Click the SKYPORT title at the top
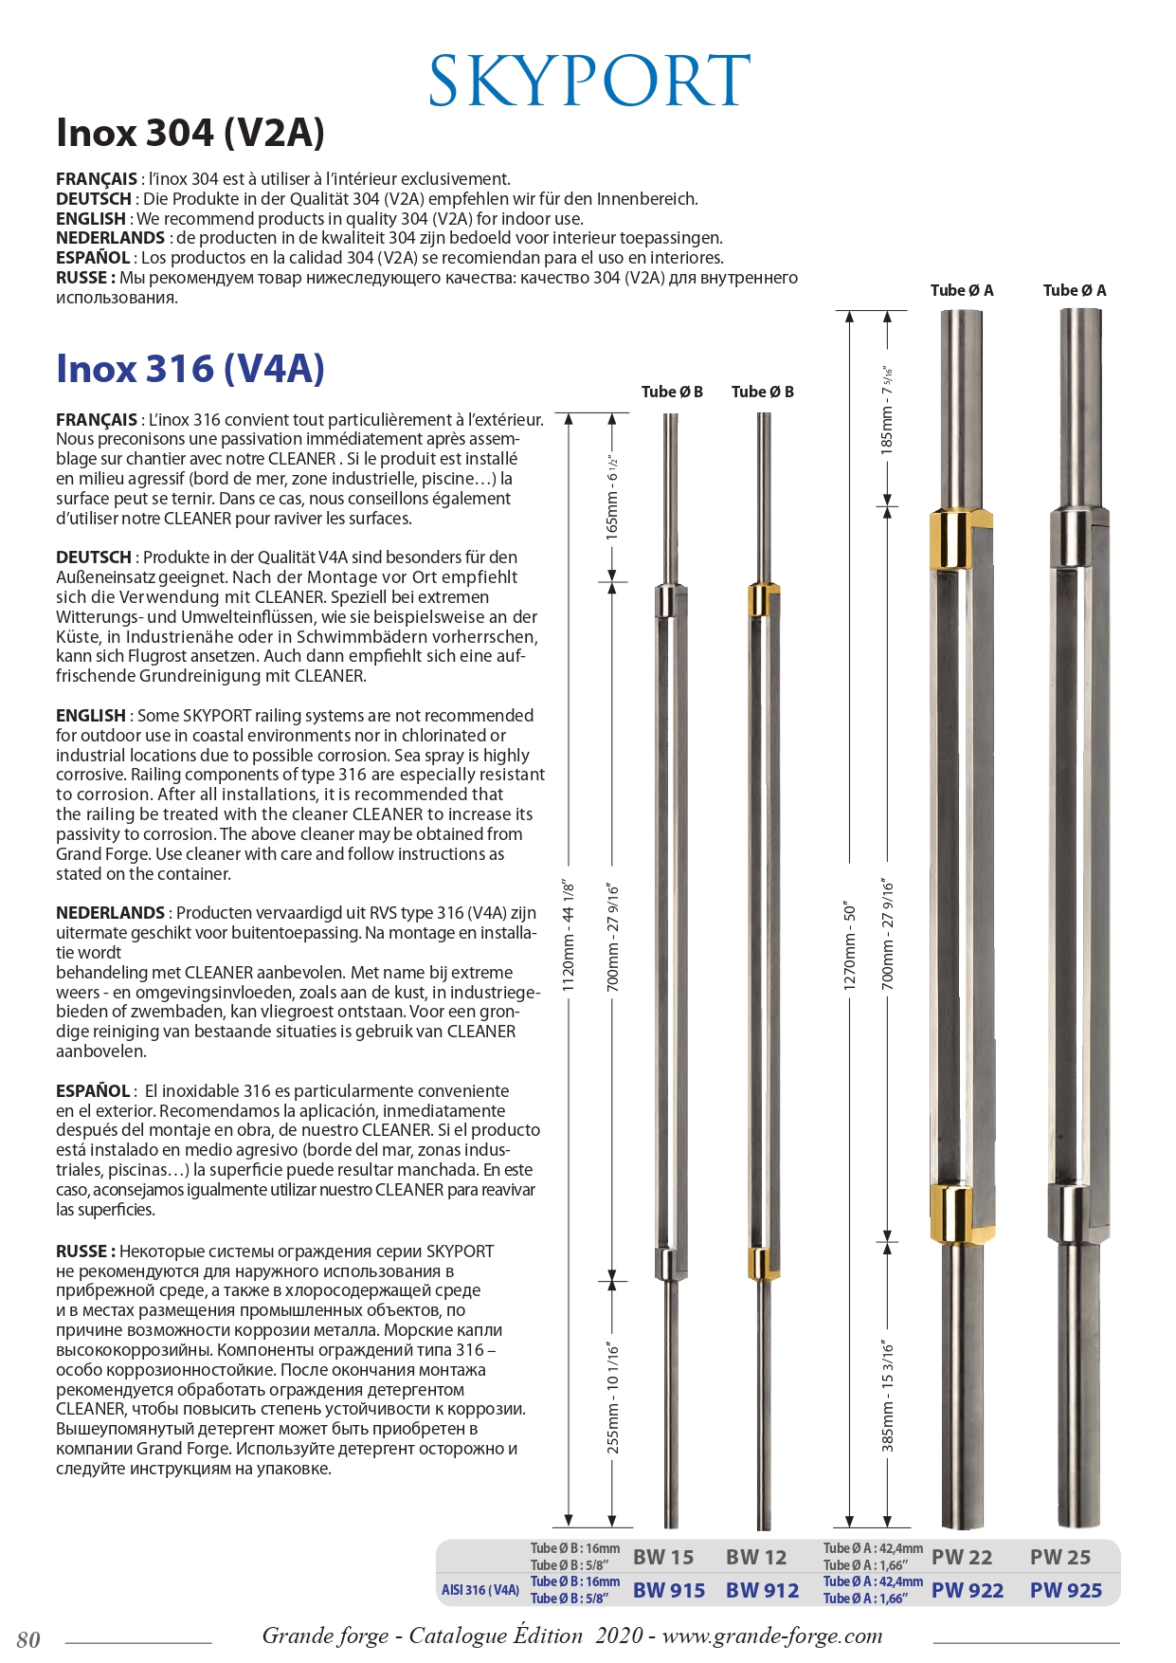[588, 82]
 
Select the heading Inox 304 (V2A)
[190, 133]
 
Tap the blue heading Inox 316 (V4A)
[190, 368]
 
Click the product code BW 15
[663, 1557]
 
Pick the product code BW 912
[762, 1590]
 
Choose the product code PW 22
[962, 1557]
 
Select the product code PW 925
[1066, 1590]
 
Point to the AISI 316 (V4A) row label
[480, 1590]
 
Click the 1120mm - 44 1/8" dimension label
[569, 936]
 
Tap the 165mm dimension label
[612, 497]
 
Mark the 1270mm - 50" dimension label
[850, 946]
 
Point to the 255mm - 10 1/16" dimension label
[613, 1398]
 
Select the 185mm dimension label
[887, 410]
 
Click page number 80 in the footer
[28, 1639]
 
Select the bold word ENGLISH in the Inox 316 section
[91, 716]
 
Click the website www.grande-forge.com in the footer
[771, 1636]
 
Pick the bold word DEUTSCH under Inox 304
[94, 199]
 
